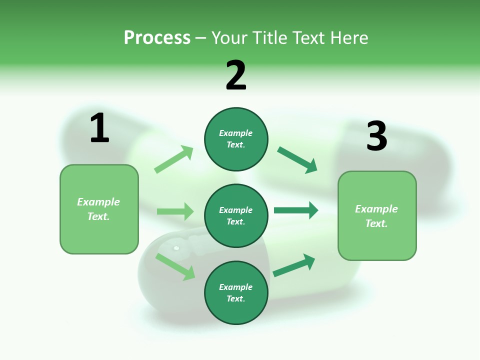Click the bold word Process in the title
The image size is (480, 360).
[157, 38]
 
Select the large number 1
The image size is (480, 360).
[99, 128]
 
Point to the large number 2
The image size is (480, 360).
[236, 75]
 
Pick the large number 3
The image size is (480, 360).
[376, 136]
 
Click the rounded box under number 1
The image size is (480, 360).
[99, 209]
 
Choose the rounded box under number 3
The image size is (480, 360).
[377, 216]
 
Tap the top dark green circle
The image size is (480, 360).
[236, 139]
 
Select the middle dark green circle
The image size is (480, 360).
[236, 216]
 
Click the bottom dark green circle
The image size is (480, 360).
[236, 293]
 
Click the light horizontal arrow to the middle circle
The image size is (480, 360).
[175, 211]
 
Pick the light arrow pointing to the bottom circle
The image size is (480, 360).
[175, 266]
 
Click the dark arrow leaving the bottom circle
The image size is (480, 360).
[294, 265]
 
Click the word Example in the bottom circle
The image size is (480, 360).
[236, 287]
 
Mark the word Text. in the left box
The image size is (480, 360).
[98, 216]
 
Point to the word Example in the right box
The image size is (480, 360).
[376, 209]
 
